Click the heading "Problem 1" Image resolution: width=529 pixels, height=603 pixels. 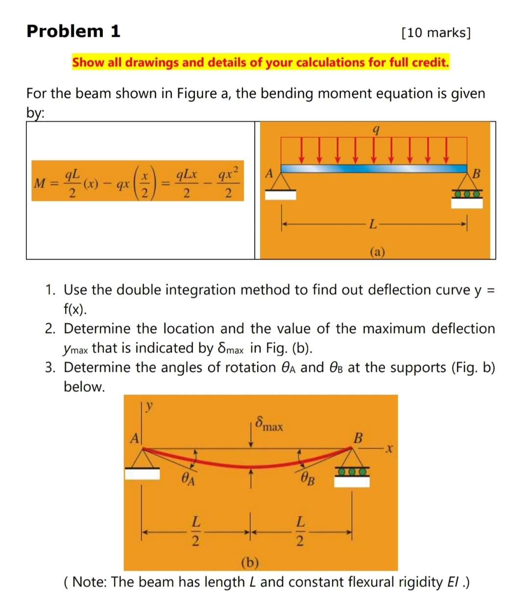(x=73, y=31)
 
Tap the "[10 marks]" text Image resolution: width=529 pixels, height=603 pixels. (x=435, y=33)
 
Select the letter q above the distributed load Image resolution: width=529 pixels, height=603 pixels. (x=375, y=130)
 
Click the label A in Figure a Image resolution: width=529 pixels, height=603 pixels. (x=268, y=173)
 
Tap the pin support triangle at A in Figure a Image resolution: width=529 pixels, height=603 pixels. (x=281, y=182)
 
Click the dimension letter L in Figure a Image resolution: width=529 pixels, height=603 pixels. (x=373, y=225)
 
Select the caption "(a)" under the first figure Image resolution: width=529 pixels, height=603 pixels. (x=377, y=252)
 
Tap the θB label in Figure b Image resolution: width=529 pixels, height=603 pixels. (x=308, y=478)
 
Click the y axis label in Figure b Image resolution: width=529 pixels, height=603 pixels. (x=150, y=406)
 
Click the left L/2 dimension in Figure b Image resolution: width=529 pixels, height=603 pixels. (x=195, y=531)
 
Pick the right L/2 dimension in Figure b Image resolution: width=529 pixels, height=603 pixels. (x=301, y=531)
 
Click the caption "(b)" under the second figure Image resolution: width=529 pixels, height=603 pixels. (x=250, y=562)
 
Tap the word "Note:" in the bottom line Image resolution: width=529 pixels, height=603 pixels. (x=90, y=582)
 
